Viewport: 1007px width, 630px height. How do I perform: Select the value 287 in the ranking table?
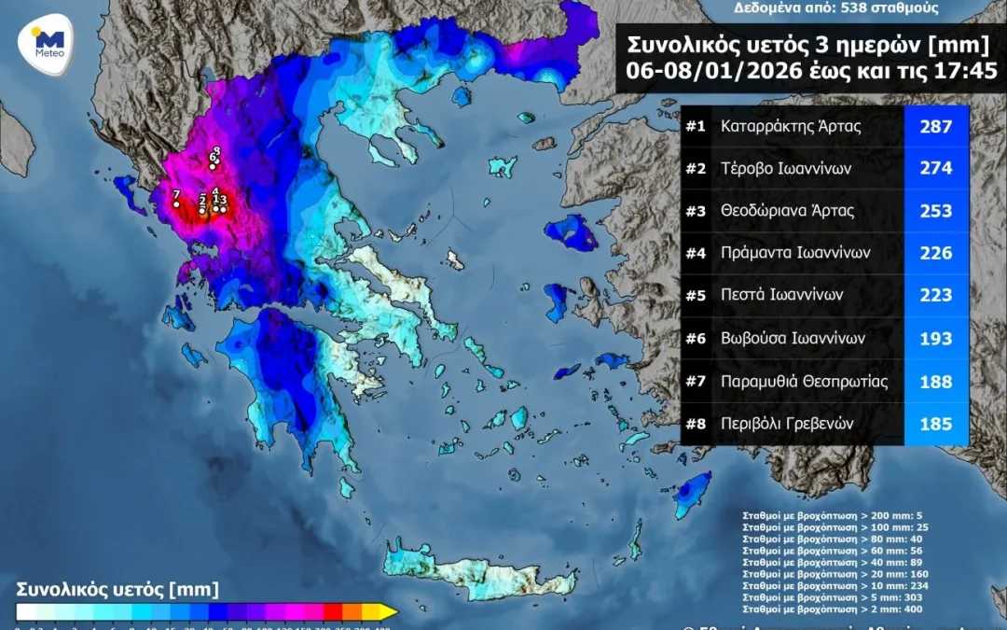point(935,126)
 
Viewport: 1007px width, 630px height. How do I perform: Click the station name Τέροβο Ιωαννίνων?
point(785,168)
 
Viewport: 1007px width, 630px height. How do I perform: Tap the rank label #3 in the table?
point(696,211)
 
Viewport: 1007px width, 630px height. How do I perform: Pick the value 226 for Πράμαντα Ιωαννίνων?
point(935,253)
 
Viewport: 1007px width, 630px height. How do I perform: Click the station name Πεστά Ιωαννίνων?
point(781,295)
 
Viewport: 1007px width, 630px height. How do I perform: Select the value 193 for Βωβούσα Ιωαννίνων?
point(935,338)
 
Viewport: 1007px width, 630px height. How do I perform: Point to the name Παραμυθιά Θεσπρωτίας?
point(804,381)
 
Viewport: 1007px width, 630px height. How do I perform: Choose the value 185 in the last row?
point(935,424)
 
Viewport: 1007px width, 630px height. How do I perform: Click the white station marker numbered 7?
point(176,203)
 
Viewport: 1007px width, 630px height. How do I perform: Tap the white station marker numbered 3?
point(224,209)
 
